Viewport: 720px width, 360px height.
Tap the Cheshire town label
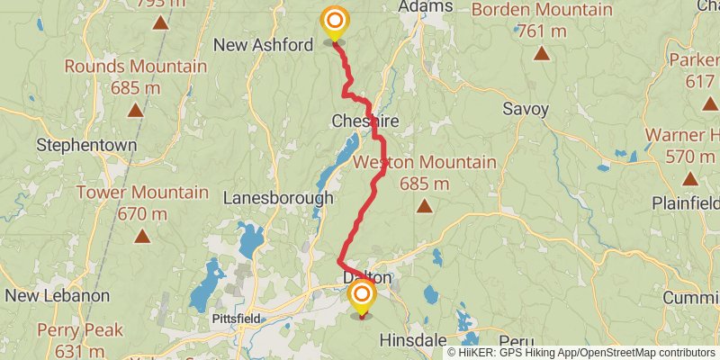pos(364,121)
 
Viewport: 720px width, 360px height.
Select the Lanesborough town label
pos(278,197)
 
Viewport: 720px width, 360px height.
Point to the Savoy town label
pos(526,109)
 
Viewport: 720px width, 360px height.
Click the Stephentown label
pos(86,144)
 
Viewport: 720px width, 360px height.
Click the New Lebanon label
pos(57,295)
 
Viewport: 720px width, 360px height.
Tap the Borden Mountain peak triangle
pos(541,54)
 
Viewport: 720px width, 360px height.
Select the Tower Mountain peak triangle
pos(141,237)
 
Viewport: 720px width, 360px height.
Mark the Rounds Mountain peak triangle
pos(135,111)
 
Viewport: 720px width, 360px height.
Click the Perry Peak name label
pos(78,329)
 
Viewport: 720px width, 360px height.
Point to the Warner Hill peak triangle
pos(689,178)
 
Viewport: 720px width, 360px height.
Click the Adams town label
pos(425,7)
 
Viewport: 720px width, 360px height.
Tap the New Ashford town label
pos(263,45)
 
